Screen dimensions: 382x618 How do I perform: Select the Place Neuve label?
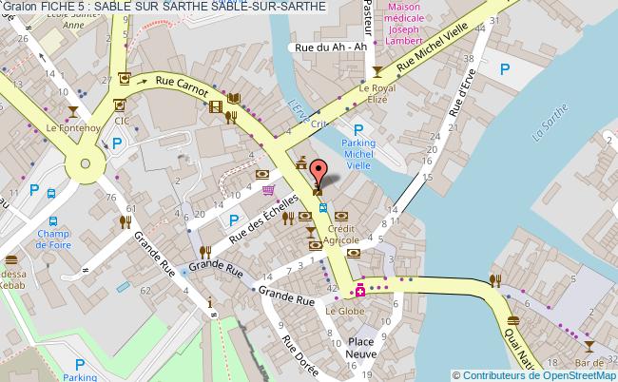(x=360, y=347)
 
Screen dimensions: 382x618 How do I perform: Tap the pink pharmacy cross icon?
(x=360, y=290)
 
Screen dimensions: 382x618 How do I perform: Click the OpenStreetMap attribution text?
(x=533, y=373)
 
